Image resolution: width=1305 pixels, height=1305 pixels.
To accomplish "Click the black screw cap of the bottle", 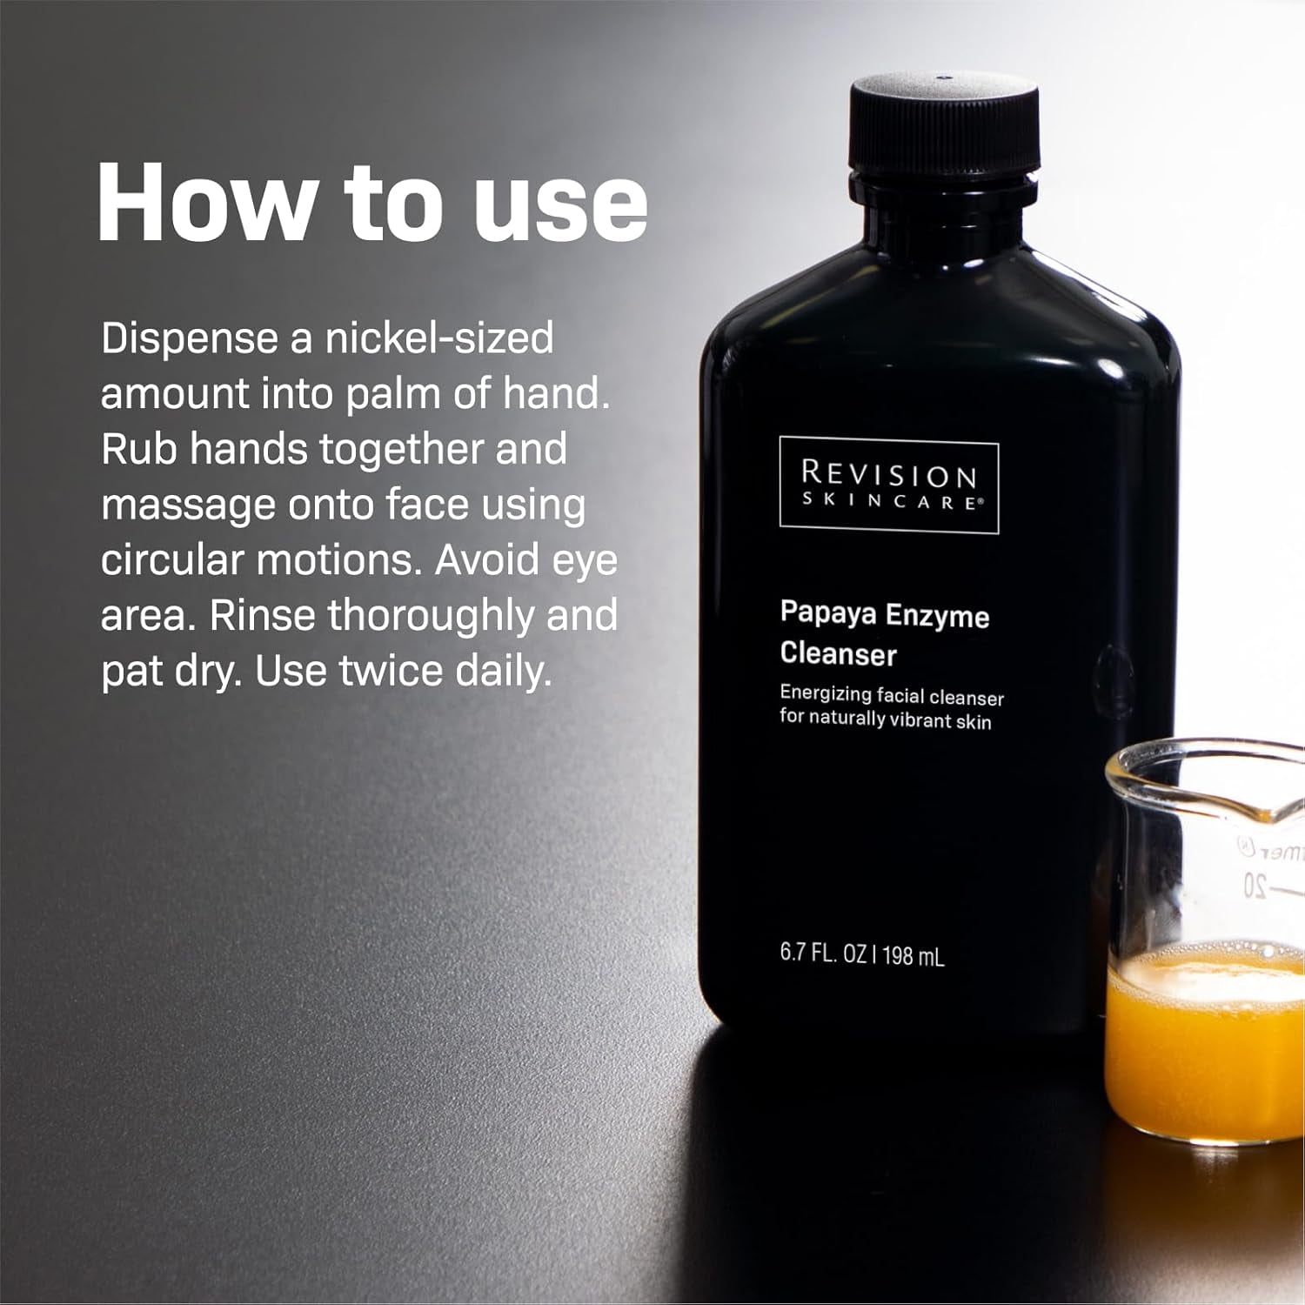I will [x=945, y=126].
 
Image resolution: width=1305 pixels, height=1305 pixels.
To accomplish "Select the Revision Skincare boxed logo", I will [x=889, y=485].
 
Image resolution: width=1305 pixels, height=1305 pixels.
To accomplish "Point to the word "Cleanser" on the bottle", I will [x=838, y=653].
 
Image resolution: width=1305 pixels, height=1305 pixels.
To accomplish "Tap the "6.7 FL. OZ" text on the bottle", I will [x=821, y=953].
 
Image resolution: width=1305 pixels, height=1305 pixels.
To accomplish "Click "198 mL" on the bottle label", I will [x=913, y=956].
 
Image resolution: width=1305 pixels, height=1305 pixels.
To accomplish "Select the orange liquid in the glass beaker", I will [x=1205, y=1044].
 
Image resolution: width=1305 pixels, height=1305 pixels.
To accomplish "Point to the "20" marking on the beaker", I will [x=1254, y=886].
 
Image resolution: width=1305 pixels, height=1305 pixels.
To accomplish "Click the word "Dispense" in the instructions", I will [x=189, y=338].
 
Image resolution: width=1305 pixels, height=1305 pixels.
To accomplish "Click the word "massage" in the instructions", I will [x=187, y=505].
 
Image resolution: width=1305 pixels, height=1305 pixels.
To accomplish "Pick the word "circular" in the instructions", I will [x=171, y=560].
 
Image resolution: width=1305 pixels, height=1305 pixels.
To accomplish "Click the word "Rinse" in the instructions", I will [x=262, y=616].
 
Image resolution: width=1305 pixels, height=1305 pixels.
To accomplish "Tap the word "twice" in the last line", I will [x=391, y=671].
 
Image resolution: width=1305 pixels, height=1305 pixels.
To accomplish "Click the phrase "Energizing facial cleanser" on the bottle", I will [x=891, y=696].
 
